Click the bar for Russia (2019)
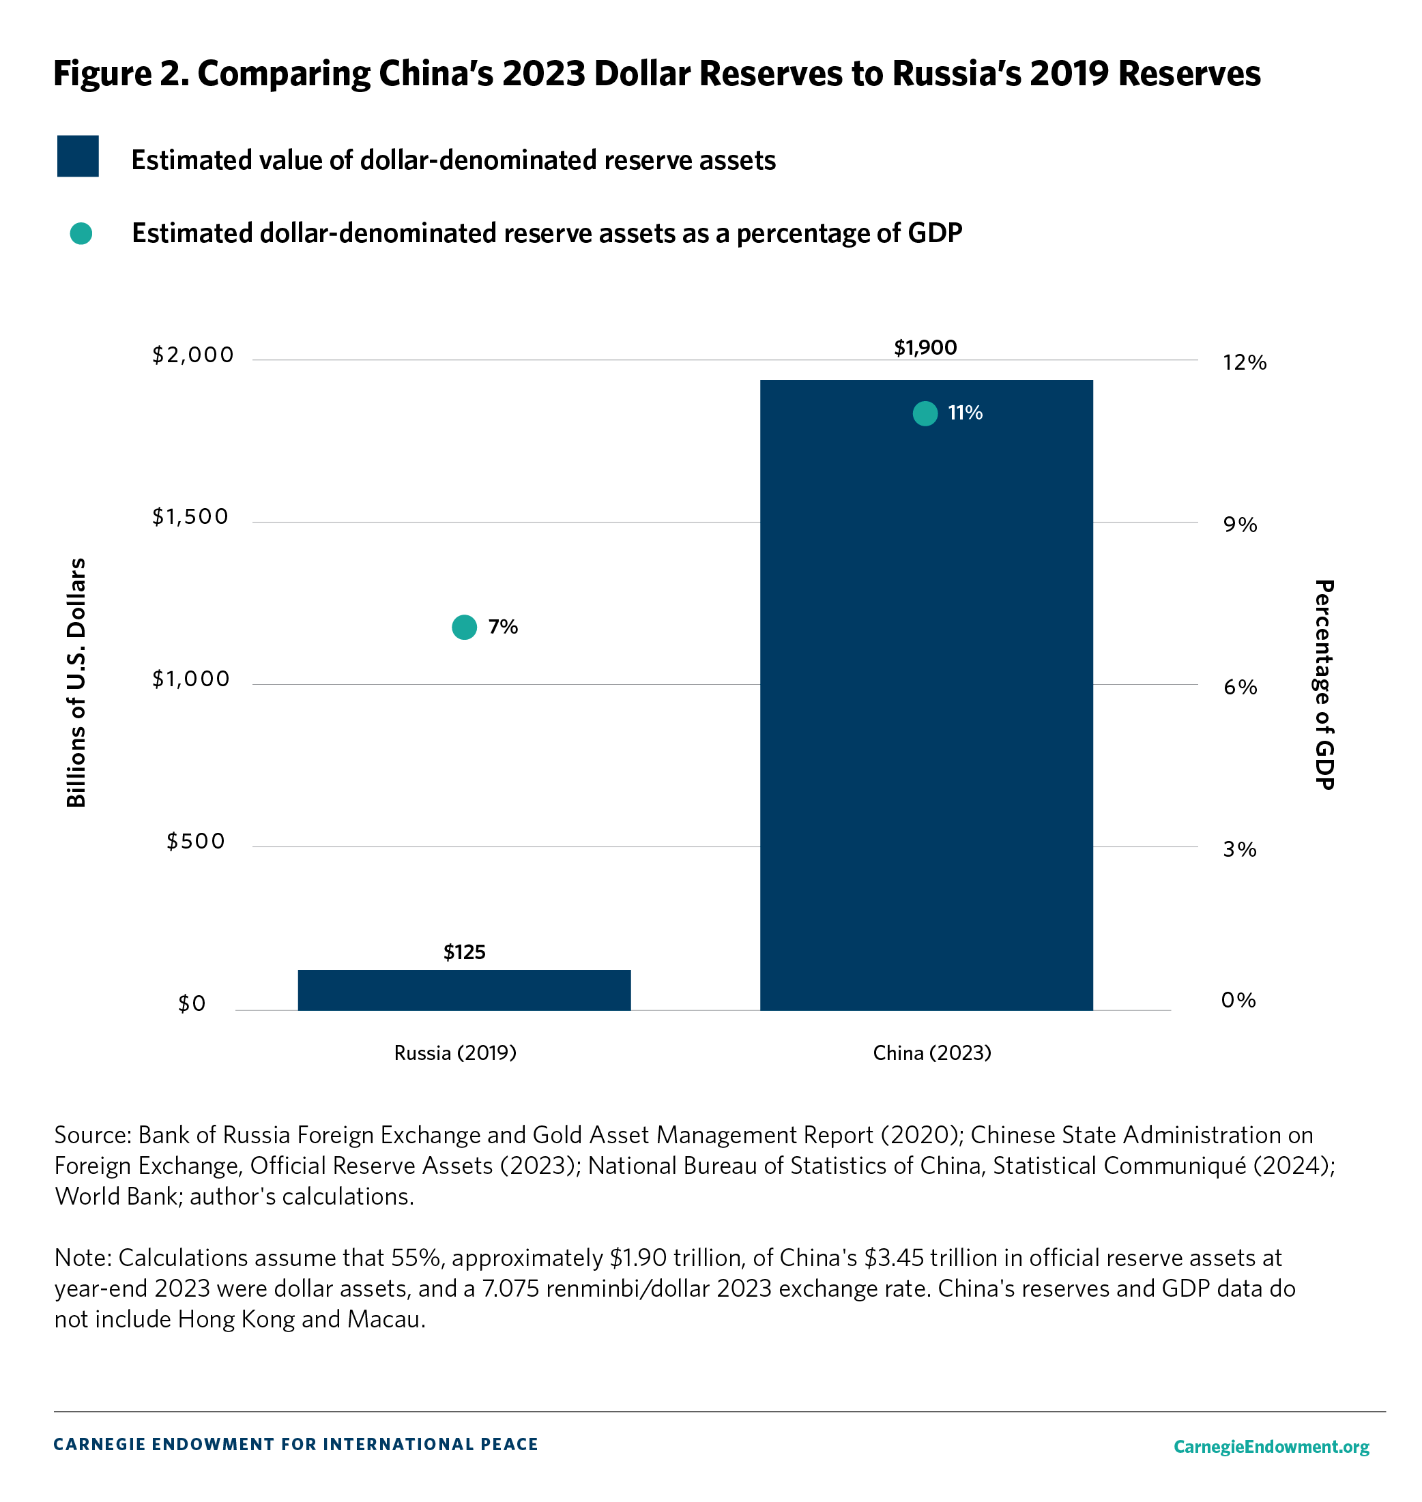(x=464, y=990)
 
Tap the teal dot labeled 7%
(x=464, y=627)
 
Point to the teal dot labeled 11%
(x=925, y=413)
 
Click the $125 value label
(x=464, y=952)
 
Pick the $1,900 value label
(x=925, y=348)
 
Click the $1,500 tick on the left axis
(x=190, y=517)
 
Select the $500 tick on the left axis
(x=197, y=841)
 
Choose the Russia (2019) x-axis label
(x=455, y=1052)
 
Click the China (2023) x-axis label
(x=931, y=1052)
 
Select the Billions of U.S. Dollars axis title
(x=76, y=683)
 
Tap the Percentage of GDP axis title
(x=1324, y=684)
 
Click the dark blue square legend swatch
(x=78, y=156)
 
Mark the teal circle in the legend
(x=81, y=233)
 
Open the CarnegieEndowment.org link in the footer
(x=1271, y=1447)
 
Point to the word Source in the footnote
(x=91, y=1134)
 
